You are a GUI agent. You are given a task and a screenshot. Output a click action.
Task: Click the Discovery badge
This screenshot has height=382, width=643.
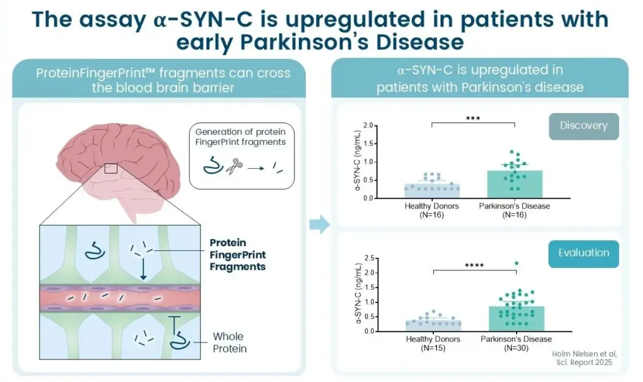pos(583,126)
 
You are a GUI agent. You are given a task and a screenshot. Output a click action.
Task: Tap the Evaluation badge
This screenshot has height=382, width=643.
pos(583,253)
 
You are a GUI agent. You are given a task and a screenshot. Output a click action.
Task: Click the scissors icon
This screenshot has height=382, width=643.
pos(234,166)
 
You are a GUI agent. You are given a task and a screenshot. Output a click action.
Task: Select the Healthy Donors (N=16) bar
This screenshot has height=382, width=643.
pos(432,191)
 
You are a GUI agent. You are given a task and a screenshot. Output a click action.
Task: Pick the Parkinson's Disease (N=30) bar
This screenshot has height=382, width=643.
pos(516,319)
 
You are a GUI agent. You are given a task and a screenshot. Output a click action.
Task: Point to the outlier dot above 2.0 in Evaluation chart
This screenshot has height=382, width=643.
pos(517,263)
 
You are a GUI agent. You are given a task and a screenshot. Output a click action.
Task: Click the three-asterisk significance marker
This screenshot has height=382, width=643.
pos(473,119)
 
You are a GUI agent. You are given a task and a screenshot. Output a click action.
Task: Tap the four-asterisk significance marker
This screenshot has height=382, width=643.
pos(474,265)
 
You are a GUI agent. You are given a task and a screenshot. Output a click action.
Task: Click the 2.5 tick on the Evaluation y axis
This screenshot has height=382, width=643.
pos(369,258)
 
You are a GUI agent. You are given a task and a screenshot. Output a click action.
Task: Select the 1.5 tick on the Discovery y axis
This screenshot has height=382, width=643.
pos(368,144)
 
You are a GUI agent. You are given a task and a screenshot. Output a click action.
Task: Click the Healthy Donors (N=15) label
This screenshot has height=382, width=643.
pos(433,344)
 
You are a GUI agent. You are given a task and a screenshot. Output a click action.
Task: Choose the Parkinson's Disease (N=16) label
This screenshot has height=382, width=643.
pos(514,211)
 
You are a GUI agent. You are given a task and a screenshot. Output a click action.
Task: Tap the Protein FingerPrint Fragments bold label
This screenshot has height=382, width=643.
pos(237,255)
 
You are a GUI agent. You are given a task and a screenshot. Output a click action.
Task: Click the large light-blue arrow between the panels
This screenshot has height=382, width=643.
pos(320,224)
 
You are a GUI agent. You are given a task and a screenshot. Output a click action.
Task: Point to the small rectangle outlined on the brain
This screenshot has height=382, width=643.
pos(111,168)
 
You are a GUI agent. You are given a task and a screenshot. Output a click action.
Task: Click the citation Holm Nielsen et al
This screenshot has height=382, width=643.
pos(584,354)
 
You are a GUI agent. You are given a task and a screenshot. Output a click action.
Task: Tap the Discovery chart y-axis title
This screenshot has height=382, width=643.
pos(357,161)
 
